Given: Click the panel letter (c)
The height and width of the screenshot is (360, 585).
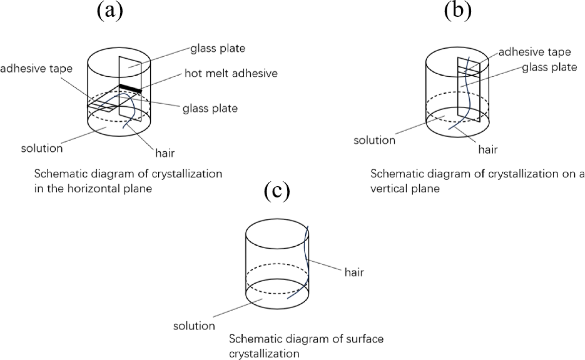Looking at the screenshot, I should point(277,191).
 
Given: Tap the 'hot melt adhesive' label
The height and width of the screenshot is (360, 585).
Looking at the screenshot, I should point(231,73).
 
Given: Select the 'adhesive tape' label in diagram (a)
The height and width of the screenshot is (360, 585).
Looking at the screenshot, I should point(36,68).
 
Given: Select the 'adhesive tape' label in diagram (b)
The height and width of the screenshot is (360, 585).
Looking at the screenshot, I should point(535,52).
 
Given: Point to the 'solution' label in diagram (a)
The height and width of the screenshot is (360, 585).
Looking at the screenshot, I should point(42,148).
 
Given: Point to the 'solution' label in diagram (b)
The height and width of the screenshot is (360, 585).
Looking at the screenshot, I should point(374,140).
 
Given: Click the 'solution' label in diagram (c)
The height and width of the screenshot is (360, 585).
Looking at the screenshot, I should point(194,326).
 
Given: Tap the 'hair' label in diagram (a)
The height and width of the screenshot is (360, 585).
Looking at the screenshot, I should point(165,153).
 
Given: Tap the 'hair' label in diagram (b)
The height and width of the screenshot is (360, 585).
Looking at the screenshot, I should point(488,149).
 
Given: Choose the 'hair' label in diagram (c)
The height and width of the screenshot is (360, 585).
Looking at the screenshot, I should point(354,273).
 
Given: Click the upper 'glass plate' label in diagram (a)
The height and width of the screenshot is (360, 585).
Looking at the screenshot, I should point(218,48).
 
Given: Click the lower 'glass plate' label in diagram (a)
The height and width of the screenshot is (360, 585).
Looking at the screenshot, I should point(210,108).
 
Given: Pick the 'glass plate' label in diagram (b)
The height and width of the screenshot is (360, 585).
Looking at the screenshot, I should point(549,67).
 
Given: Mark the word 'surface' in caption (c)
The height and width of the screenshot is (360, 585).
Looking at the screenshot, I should point(363,339).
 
